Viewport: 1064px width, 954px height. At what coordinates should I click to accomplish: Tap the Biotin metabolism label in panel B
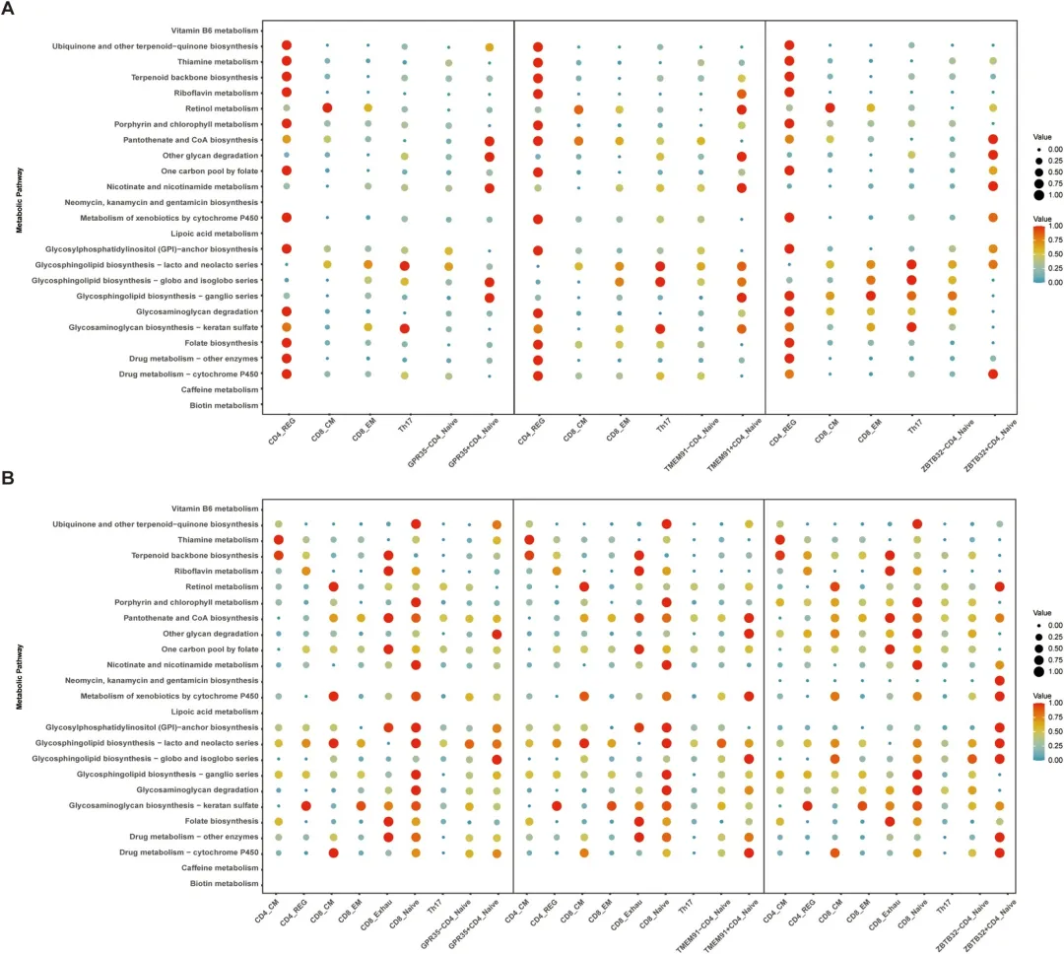point(226,884)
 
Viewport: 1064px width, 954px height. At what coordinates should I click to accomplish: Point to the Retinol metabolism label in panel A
point(217,107)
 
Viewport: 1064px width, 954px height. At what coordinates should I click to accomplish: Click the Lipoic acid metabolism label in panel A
point(218,233)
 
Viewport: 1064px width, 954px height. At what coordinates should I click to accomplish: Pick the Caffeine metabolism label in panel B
point(221,868)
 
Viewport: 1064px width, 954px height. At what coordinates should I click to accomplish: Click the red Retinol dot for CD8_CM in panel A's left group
point(327,107)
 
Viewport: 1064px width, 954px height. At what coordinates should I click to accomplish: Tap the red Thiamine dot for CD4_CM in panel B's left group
point(278,540)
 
